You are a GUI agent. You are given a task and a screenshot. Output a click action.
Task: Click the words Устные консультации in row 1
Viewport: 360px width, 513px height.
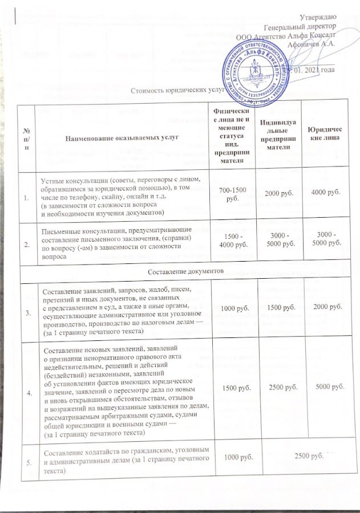click(x=66, y=180)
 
